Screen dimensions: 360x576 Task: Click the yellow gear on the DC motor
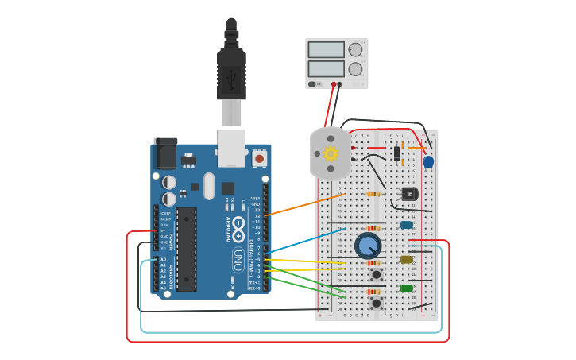click(331, 153)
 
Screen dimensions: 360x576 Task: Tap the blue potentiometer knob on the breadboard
click(368, 246)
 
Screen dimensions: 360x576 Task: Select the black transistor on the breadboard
click(410, 194)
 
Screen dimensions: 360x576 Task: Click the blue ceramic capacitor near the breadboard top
click(428, 162)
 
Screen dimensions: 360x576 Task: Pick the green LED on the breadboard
click(407, 288)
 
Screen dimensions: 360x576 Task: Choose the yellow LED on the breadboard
click(407, 259)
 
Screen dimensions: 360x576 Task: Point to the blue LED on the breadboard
click(407, 225)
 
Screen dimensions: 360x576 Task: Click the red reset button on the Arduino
click(259, 159)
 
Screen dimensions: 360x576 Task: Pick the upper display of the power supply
click(326, 50)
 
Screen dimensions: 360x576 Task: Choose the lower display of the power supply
click(326, 69)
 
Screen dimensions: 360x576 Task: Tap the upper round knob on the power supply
click(355, 50)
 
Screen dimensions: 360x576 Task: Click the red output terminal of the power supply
click(334, 83)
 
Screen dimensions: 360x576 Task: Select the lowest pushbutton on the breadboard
click(376, 303)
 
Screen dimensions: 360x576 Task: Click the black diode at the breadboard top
click(396, 153)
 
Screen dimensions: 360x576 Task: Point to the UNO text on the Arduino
click(238, 259)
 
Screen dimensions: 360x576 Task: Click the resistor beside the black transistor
click(373, 194)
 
